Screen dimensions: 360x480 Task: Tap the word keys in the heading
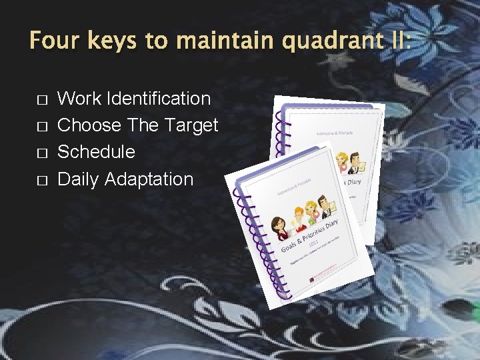[x=113, y=41]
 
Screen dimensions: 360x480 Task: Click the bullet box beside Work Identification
[x=41, y=100]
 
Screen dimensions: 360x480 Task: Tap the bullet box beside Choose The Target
[x=41, y=127]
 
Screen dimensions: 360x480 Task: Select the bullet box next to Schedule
[x=41, y=153]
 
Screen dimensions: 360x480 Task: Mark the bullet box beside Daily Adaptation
[x=41, y=180]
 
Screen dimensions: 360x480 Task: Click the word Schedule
[x=96, y=152]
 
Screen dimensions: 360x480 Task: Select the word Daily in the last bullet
[x=79, y=179]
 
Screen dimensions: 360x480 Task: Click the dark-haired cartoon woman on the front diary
[x=281, y=227]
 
